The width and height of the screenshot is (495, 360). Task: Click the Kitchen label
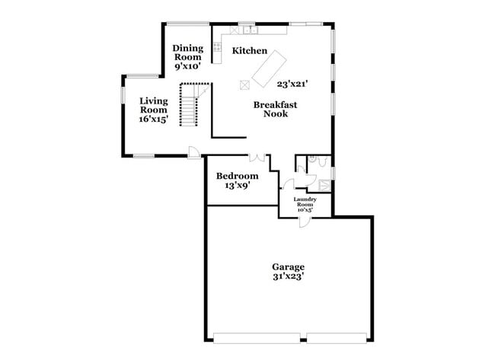coord(250,51)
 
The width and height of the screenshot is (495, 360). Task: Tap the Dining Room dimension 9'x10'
coord(187,66)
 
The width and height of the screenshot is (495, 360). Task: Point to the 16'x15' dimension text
coord(153,119)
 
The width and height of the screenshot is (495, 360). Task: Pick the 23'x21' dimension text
coord(292,84)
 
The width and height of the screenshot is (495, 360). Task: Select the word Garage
coord(289,266)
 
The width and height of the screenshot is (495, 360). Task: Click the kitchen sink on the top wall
coord(250,31)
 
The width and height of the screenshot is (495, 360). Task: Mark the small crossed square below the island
coord(244,84)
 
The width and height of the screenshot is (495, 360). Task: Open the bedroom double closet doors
coord(258,158)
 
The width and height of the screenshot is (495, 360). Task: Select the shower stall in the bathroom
coord(325,183)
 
